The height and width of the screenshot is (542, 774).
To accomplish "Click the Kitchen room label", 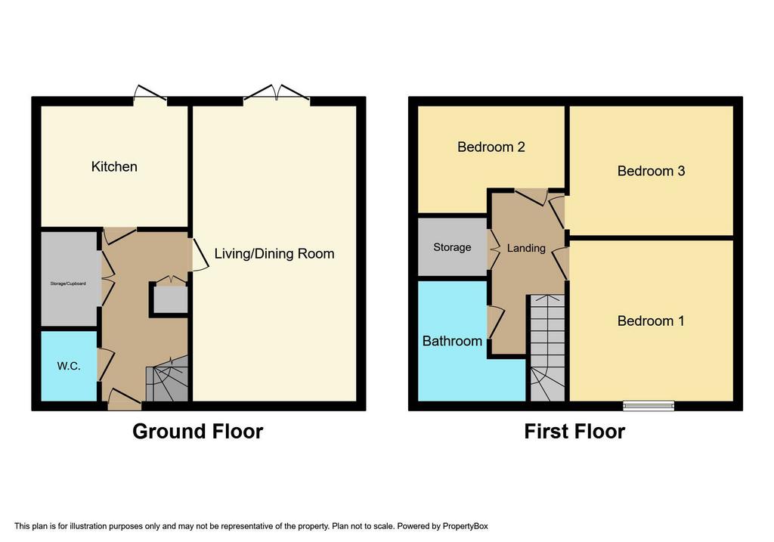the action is (114, 167).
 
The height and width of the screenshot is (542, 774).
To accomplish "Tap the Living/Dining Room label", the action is (274, 254).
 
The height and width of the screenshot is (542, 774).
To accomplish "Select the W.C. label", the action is (69, 367).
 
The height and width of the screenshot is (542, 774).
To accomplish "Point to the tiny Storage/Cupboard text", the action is (68, 283).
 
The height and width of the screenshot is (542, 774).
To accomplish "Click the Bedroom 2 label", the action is (491, 147).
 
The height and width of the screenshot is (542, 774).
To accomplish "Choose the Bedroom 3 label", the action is (651, 172).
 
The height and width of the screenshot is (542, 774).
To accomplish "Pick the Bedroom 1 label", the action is (651, 321).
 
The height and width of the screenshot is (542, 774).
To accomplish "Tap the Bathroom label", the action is (452, 341).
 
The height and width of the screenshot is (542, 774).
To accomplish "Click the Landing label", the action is (526, 248).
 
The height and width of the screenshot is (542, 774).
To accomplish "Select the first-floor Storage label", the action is (452, 247).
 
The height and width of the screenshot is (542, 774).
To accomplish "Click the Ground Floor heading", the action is (197, 432).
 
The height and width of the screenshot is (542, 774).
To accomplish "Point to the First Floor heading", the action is (574, 432).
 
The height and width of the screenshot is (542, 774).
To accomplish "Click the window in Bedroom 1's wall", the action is (649, 406).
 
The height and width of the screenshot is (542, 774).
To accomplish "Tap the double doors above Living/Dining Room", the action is (277, 96).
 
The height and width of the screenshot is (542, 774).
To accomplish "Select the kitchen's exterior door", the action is (150, 96).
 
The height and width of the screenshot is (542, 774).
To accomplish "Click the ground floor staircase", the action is (167, 379).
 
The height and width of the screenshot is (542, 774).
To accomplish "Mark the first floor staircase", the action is (547, 348).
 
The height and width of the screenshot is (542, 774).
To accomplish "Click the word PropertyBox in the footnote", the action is (465, 526).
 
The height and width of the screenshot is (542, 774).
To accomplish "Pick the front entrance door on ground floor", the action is (125, 400).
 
